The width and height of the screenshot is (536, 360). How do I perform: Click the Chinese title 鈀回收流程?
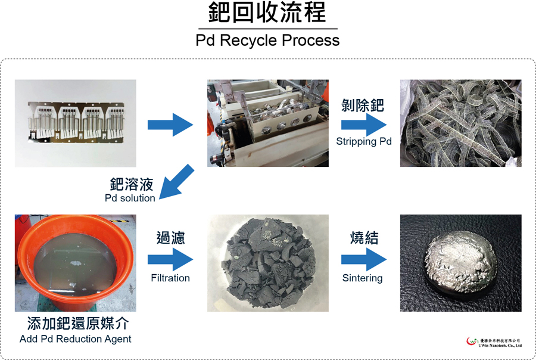point(267,13)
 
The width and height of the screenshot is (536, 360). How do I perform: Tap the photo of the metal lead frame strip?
point(76,123)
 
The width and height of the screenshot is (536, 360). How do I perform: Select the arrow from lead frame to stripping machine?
point(170,125)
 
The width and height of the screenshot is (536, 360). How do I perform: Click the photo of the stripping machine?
point(267,123)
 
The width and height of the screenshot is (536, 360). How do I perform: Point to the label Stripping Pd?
point(364,142)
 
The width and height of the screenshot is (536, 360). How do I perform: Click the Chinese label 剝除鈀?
point(363,105)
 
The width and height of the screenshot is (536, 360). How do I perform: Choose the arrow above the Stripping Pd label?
point(364,125)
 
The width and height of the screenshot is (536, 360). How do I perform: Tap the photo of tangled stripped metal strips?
point(461,123)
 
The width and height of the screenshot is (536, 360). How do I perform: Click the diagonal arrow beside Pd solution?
point(176,182)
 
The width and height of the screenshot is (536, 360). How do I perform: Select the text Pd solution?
point(130,198)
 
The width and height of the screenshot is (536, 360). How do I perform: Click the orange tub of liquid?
point(76,263)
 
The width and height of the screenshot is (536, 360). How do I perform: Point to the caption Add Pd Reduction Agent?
point(75,339)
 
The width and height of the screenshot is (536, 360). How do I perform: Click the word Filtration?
point(170,278)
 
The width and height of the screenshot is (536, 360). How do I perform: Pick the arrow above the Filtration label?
point(170,259)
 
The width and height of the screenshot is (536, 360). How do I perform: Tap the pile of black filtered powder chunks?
point(269,263)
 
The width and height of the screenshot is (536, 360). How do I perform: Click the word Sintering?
point(362,278)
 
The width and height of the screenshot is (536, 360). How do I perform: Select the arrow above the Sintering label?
point(364,259)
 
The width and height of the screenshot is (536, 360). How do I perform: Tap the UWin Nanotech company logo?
point(494,342)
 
